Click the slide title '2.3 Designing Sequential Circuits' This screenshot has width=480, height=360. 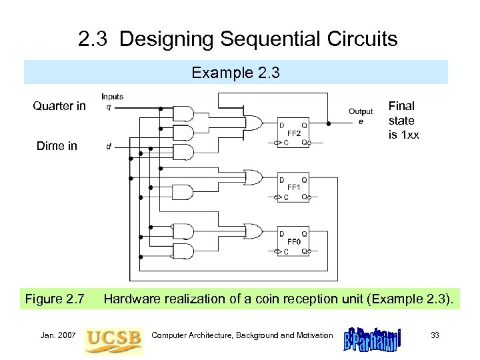point(237,39)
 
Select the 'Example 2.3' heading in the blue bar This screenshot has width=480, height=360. point(236,73)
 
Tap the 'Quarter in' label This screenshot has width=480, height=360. point(59,105)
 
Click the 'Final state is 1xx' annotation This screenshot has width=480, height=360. point(402,121)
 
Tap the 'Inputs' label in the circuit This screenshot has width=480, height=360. point(112,97)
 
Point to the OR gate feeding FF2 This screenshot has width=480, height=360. point(254,123)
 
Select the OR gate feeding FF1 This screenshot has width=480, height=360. point(254,178)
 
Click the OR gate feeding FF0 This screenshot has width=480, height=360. point(254,231)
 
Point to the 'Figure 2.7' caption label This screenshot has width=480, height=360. point(55,299)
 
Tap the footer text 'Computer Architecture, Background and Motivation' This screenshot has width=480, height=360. point(243,335)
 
